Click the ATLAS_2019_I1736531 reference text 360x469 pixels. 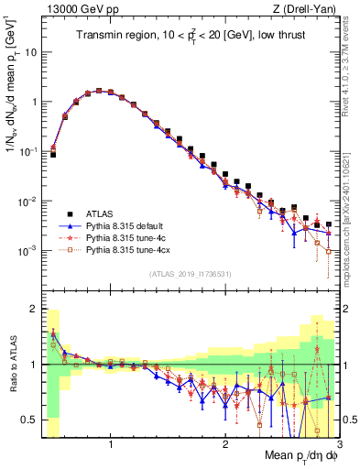click(x=191, y=274)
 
